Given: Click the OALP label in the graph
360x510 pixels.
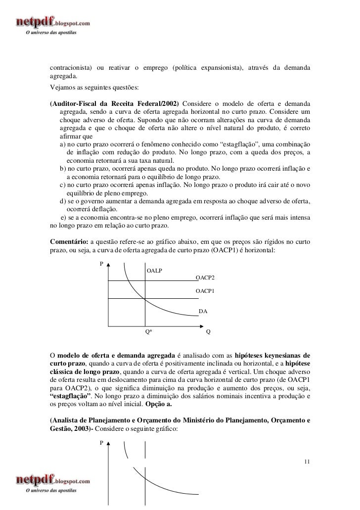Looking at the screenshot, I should (155, 271).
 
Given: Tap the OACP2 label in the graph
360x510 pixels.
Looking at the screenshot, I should (205, 278).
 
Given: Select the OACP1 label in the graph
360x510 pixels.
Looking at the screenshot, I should (205, 291).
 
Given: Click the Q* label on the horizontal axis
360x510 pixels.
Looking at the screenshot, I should (148, 332).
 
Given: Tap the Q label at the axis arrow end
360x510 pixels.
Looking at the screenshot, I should (209, 332).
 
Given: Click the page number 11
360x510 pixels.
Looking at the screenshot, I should (308, 462).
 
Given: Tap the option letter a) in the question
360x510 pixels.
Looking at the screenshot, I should (63, 144).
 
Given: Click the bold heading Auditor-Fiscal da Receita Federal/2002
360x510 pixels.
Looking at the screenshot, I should (114, 103).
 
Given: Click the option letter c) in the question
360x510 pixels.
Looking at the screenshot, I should (63, 185).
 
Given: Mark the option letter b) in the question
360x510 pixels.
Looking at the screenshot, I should (63, 169).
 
